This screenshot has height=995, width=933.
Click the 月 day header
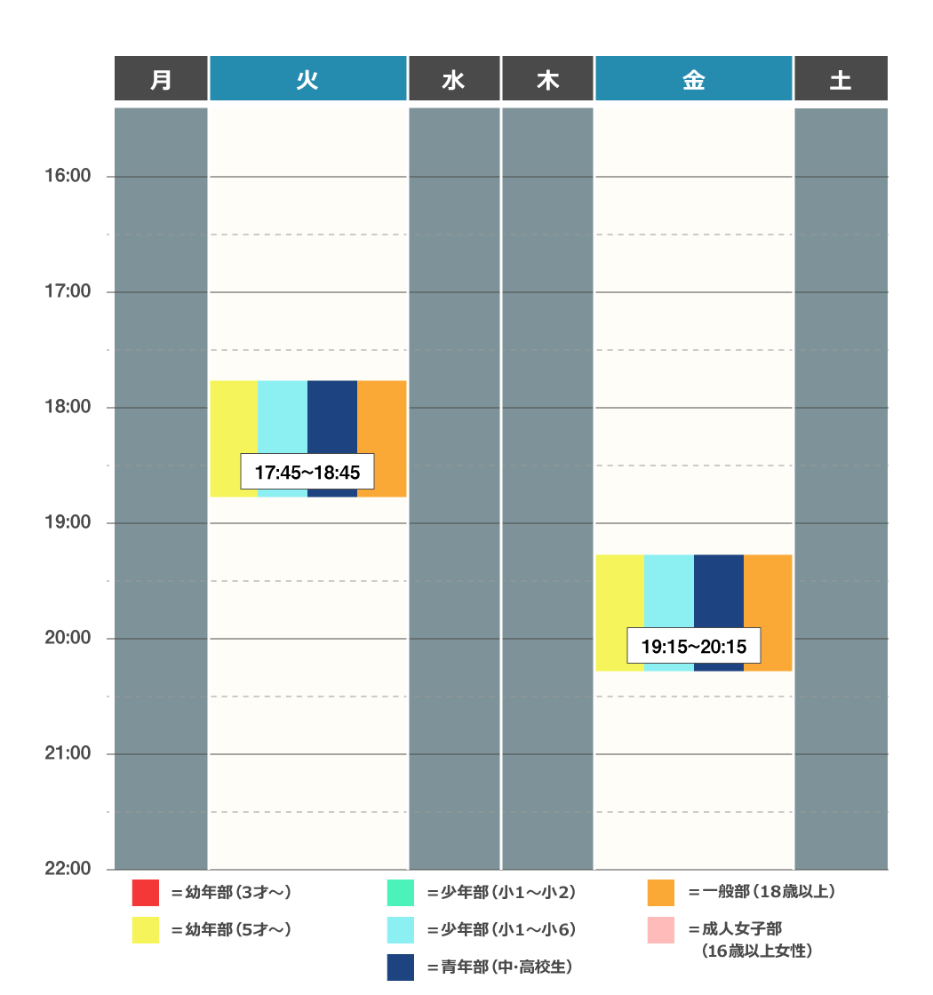(161, 79)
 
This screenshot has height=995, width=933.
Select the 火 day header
(307, 79)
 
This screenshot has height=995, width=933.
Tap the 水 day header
(453, 79)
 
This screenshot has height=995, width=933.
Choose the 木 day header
(547, 79)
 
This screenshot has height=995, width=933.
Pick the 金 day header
(693, 79)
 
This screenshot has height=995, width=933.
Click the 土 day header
(840, 79)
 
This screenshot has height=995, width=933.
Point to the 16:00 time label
(68, 176)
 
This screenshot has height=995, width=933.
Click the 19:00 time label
(68, 522)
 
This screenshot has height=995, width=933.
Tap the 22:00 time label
(68, 869)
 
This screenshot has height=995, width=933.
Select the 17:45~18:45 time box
(307, 473)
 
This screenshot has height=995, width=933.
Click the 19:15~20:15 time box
(693, 646)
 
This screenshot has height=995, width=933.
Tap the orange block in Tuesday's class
(382, 418)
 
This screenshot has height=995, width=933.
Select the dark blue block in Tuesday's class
(332, 418)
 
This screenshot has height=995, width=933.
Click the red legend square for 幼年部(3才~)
(145, 892)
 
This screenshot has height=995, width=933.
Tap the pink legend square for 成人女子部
(661, 930)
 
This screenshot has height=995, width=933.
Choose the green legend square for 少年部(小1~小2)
(401, 892)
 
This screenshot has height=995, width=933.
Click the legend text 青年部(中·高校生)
(499, 967)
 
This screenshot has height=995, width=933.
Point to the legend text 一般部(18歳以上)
(762, 892)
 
